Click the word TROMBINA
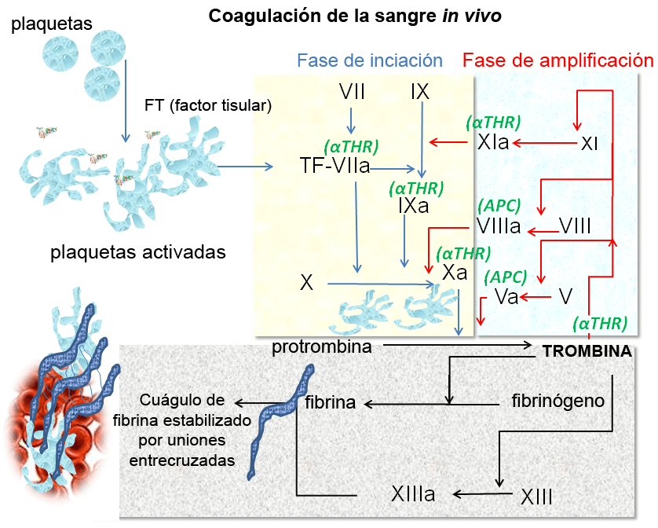(587, 351)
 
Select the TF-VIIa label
(335, 166)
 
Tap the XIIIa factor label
(413, 494)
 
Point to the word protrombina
(322, 346)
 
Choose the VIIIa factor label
(499, 226)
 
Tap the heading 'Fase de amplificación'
(557, 60)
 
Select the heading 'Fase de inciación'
(370, 60)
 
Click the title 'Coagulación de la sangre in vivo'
(354, 16)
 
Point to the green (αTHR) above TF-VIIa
(351, 146)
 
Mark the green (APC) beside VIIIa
(499, 206)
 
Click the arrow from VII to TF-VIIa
(351, 119)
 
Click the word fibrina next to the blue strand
(331, 402)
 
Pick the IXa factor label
(413, 207)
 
